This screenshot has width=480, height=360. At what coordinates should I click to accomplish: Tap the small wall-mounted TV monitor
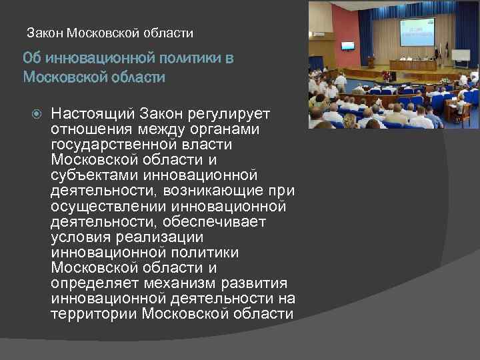(x=347, y=46)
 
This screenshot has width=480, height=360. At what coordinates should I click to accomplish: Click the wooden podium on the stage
(x=371, y=62)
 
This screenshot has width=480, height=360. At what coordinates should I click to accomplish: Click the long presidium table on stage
(x=413, y=65)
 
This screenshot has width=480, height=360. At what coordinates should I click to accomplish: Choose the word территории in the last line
(x=93, y=314)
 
